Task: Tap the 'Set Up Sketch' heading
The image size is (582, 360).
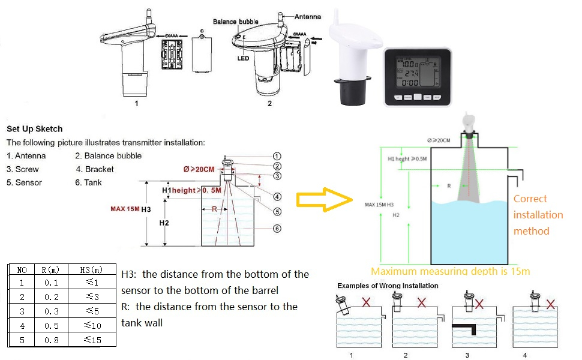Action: [34, 129]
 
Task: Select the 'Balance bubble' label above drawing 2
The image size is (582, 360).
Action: [236, 22]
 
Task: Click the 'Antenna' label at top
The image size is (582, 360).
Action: [307, 17]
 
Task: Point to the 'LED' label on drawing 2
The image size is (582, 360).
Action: [243, 58]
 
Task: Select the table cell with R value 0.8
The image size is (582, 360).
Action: [51, 340]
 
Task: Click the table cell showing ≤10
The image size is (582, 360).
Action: [92, 326]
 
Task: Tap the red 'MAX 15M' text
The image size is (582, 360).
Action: [125, 209]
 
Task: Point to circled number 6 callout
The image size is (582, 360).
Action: [277, 228]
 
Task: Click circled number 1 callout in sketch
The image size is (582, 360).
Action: [277, 156]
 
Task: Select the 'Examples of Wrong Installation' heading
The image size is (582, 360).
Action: [388, 286]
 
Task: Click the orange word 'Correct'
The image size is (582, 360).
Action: [530, 199]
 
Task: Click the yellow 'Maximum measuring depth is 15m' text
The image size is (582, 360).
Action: [450, 271]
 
